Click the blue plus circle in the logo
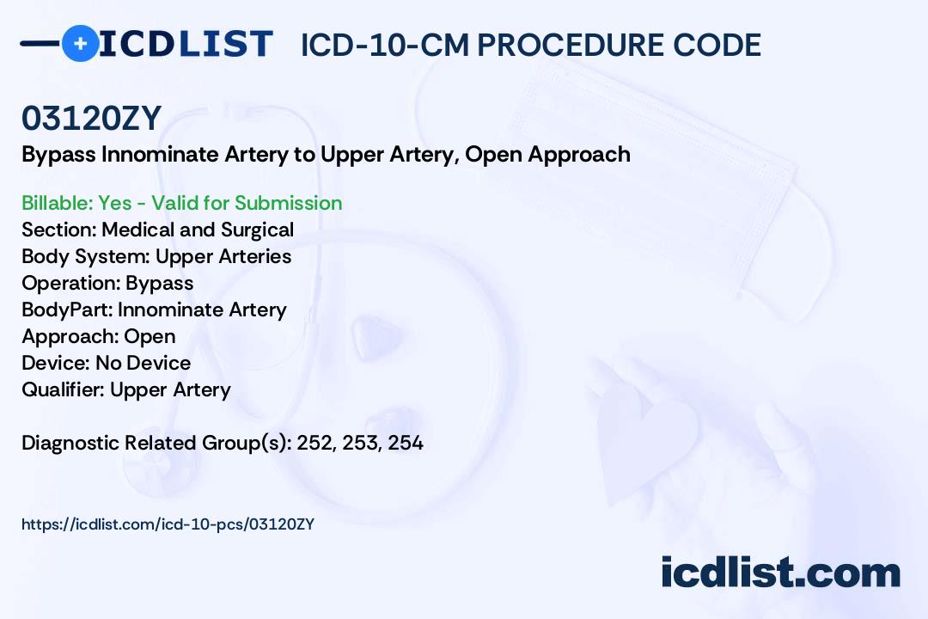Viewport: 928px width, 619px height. [81, 43]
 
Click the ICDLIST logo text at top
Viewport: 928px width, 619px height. [186, 44]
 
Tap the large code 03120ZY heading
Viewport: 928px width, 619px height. [92, 118]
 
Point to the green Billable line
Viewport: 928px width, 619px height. [182, 203]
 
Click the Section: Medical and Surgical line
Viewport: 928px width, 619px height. [158, 230]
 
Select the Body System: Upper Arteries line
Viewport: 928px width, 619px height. [156, 256]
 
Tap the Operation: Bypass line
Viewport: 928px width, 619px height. [107, 283]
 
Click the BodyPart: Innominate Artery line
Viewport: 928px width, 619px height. [154, 309]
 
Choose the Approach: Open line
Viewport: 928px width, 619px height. [98, 336]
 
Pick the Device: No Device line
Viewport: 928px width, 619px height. [106, 363]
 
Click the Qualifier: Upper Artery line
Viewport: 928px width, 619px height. [126, 389]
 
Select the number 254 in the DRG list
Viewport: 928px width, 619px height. [406, 444]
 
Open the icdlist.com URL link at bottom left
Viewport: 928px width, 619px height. [168, 524]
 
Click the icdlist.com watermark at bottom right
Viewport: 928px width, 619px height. [780, 573]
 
